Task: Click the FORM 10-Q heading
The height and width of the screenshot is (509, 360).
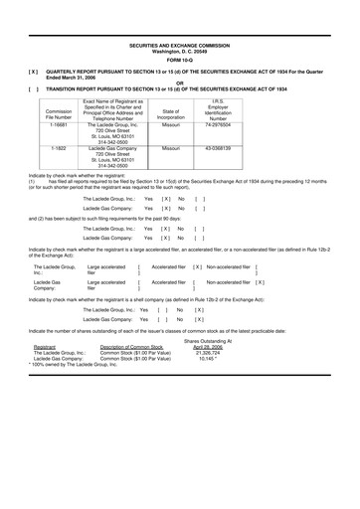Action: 180,55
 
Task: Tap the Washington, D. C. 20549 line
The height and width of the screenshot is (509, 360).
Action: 180,46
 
